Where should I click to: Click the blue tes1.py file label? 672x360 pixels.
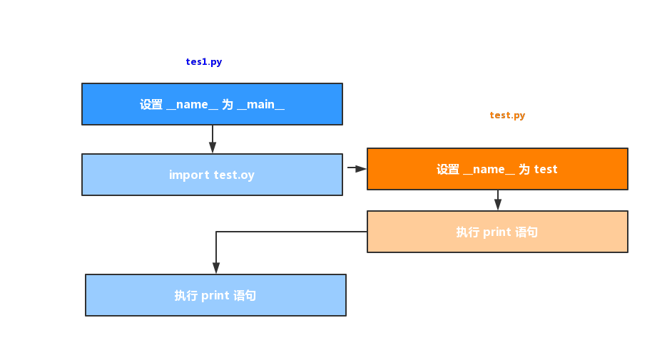(204, 62)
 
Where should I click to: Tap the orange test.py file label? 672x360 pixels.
(507, 115)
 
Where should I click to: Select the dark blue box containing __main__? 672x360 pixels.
(212, 104)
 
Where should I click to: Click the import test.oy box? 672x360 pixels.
(212, 175)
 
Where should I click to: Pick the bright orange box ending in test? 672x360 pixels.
(497, 169)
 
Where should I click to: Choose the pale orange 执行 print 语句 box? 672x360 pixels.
(497, 232)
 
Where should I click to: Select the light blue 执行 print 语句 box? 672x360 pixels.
(215, 295)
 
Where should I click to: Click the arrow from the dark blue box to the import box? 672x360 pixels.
(213, 140)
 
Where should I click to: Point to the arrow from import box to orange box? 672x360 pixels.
(356, 168)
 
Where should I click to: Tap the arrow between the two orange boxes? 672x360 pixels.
(498, 200)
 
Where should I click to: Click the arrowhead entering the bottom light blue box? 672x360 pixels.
(216, 269)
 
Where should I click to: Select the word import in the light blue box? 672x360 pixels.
(189, 175)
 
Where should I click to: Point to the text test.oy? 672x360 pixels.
(234, 175)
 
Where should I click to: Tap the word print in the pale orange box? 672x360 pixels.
(497, 232)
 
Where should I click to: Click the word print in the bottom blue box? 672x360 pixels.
(215, 295)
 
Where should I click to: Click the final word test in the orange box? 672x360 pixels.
(546, 170)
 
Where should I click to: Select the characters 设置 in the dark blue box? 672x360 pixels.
(151, 105)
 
